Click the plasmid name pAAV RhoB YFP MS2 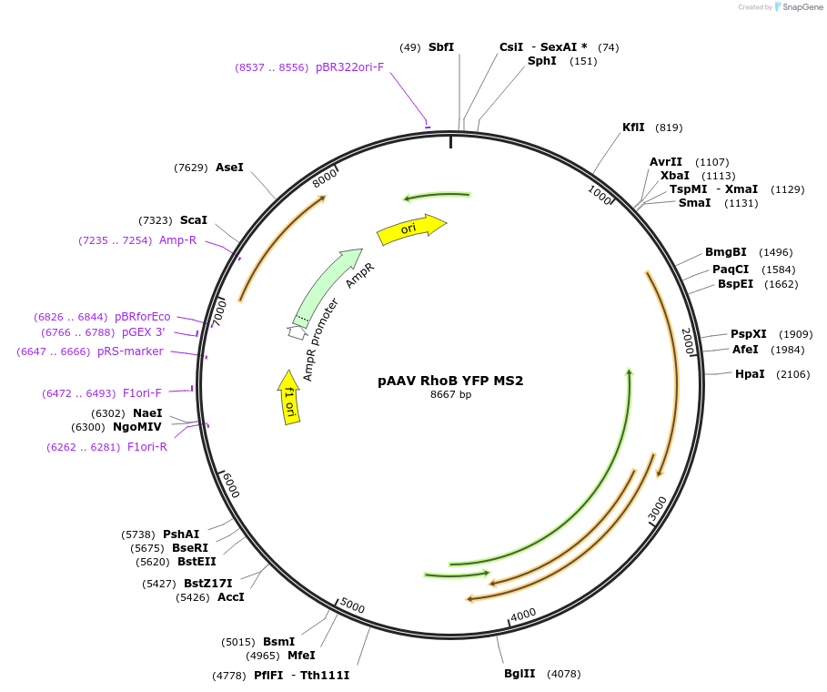(x=450, y=381)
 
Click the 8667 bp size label (x=450, y=395)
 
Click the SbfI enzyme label (x=441, y=47)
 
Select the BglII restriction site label (x=519, y=674)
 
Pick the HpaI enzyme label (x=750, y=374)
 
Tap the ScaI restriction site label (x=194, y=220)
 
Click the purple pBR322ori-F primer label (x=350, y=67)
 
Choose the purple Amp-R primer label (x=177, y=240)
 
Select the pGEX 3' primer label (x=144, y=332)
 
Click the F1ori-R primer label (x=147, y=447)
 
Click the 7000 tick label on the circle (x=217, y=312)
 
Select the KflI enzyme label (x=633, y=127)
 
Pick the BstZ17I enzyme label (x=208, y=584)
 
